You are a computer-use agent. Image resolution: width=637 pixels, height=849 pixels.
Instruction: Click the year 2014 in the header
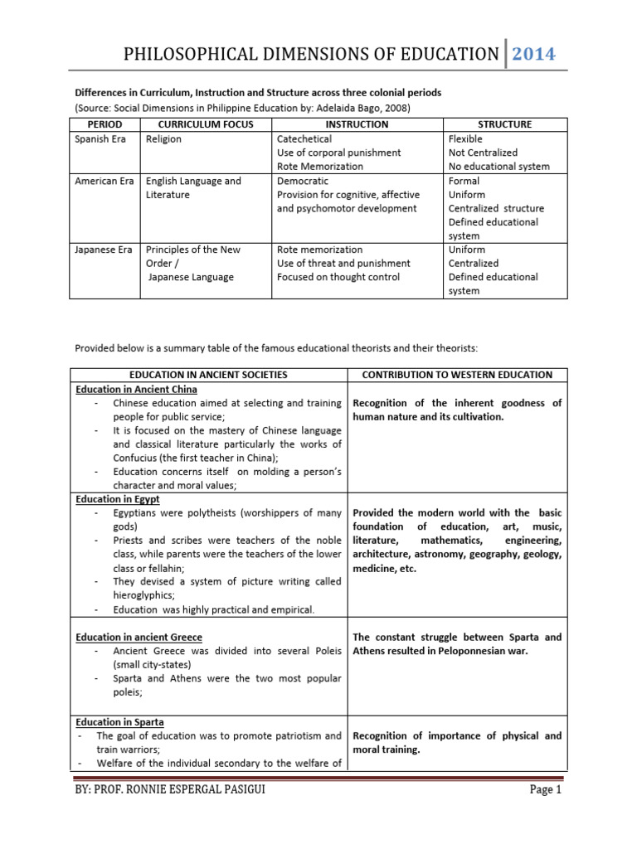(x=533, y=55)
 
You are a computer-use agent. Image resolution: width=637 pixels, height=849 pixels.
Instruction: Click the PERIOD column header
(x=105, y=124)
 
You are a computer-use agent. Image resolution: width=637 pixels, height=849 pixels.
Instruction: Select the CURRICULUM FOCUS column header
(x=206, y=124)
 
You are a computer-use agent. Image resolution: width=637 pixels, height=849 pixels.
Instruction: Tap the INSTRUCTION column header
(x=357, y=124)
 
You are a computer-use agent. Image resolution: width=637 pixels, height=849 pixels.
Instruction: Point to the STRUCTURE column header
(x=505, y=124)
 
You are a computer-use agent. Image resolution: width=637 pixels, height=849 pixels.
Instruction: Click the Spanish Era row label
(x=100, y=139)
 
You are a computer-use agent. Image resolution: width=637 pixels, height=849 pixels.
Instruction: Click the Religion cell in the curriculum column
(x=163, y=139)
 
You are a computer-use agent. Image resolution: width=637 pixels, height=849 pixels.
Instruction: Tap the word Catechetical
(x=304, y=139)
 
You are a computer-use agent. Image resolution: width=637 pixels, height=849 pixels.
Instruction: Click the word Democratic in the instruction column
(x=303, y=181)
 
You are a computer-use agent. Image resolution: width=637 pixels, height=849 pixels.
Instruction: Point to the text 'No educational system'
(x=498, y=166)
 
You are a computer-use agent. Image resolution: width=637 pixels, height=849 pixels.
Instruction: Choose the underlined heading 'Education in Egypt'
(x=118, y=500)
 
